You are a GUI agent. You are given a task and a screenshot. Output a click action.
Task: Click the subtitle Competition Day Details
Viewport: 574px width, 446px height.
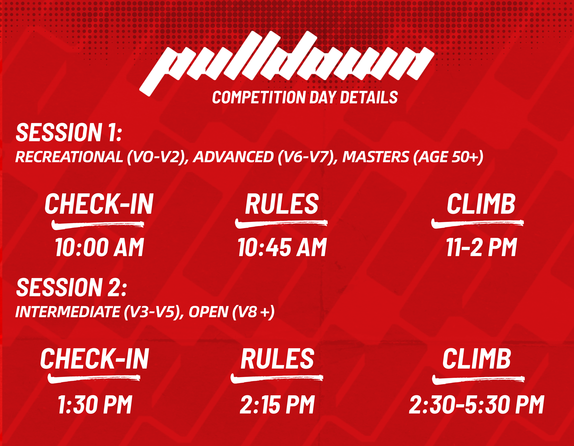pyautogui.click(x=305, y=97)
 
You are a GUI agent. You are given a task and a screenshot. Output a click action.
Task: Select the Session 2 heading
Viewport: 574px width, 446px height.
pyautogui.click(x=71, y=287)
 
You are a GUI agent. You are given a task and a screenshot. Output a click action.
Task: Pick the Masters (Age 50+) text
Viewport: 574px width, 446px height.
pyautogui.click(x=413, y=157)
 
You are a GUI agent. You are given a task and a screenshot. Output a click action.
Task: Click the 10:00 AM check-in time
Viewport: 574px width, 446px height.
pyautogui.click(x=99, y=247)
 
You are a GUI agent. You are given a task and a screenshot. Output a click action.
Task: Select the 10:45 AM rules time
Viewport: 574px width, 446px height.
pyautogui.click(x=282, y=247)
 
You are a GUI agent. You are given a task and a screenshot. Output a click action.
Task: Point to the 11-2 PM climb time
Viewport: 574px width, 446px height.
pyautogui.click(x=481, y=247)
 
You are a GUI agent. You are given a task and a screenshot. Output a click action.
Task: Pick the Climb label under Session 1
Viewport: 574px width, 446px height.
pyautogui.click(x=481, y=204)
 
